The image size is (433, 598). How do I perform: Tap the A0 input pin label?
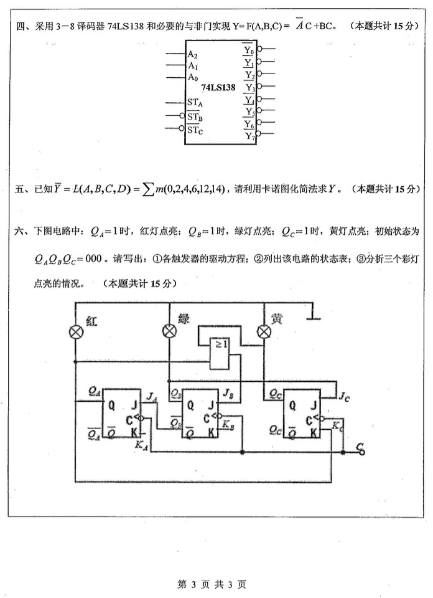(193, 77)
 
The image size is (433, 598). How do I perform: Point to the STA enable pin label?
(195, 102)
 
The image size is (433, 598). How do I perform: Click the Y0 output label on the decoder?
(249, 49)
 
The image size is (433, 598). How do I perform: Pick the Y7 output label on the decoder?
(249, 135)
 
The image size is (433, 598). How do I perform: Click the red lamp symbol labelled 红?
(76, 332)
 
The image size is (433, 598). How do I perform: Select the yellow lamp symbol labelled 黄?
(264, 331)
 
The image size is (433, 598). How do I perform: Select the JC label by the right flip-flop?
(343, 394)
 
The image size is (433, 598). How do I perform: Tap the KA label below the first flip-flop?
(141, 444)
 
